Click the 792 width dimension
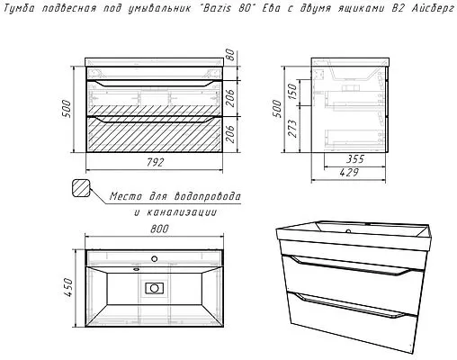pyautogui.click(x=156, y=163)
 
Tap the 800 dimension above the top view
pyautogui.click(x=159, y=229)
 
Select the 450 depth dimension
pyautogui.click(x=68, y=287)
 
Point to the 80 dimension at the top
pyautogui.click(x=230, y=55)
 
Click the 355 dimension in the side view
pyautogui.click(x=355, y=159)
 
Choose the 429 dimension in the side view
pyautogui.click(x=349, y=173)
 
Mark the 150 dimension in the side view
pyautogui.click(x=291, y=92)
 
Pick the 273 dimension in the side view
pyautogui.click(x=291, y=129)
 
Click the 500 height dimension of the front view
pyautogui.click(x=67, y=109)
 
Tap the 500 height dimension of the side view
pyautogui.click(x=277, y=109)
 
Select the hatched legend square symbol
pyautogui.click(x=81, y=188)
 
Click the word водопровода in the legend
pyautogui.click(x=207, y=197)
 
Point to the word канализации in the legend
pyautogui.click(x=182, y=212)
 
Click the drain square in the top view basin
pyautogui.click(x=154, y=288)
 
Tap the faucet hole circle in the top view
pyautogui.click(x=155, y=258)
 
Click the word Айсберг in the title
pyautogui.click(x=433, y=8)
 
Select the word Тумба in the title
pyautogui.click(x=20, y=9)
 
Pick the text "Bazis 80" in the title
pyautogui.click(x=227, y=8)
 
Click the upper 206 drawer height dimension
pyautogui.click(x=230, y=98)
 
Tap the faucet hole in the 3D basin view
pyautogui.click(x=348, y=231)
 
